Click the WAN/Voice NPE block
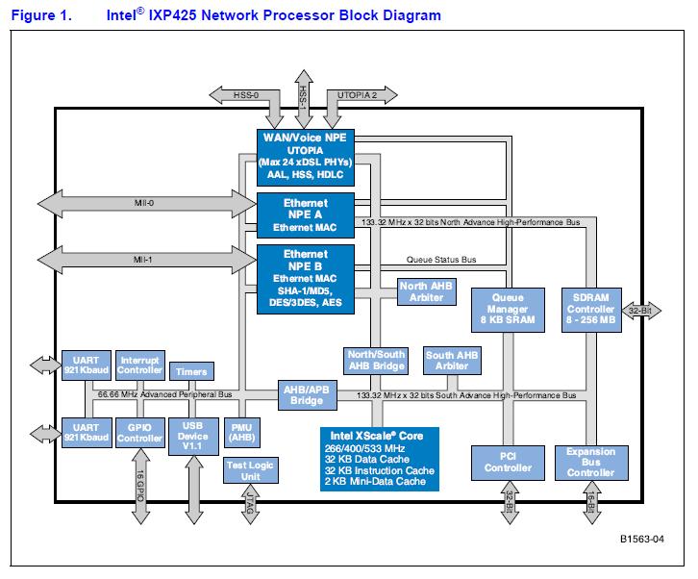click(x=305, y=157)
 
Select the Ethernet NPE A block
click(x=305, y=214)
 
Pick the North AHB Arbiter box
click(x=426, y=290)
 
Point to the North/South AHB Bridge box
click(x=375, y=361)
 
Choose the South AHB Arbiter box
click(x=452, y=361)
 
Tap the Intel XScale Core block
click(x=379, y=458)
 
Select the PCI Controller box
click(x=508, y=462)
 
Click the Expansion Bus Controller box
click(x=590, y=462)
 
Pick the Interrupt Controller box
click(x=139, y=365)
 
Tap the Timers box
click(x=190, y=371)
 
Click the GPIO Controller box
click(x=139, y=433)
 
